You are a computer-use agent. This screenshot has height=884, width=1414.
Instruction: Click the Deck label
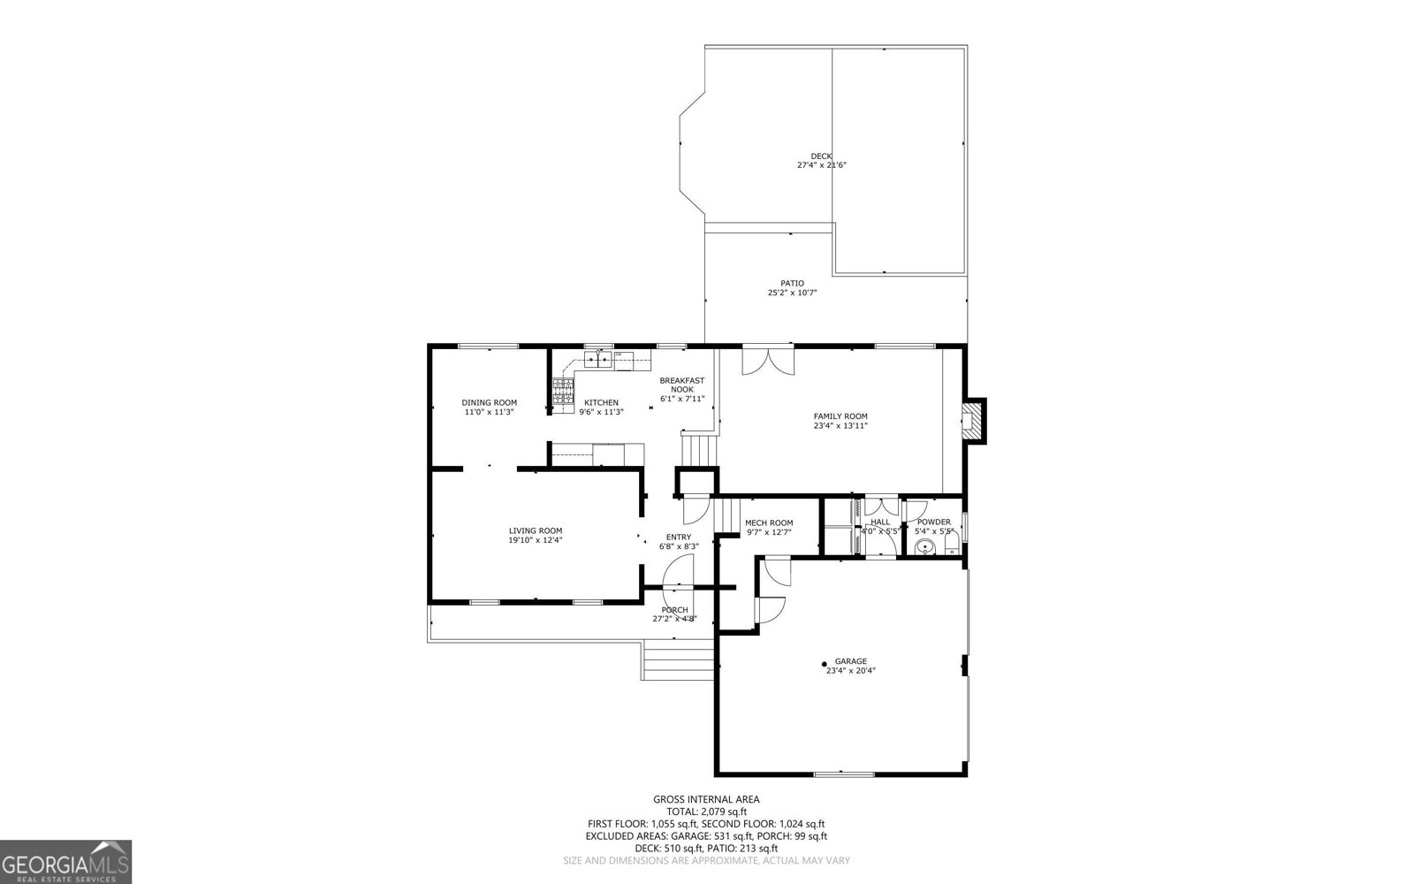tap(821, 156)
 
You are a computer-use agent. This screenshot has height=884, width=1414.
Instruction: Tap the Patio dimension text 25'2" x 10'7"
tap(792, 293)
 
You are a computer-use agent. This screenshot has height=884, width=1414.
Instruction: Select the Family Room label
tap(840, 416)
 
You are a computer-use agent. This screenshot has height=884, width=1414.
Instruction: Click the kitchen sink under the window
tap(598, 359)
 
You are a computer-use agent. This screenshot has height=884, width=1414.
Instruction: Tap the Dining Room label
tap(489, 402)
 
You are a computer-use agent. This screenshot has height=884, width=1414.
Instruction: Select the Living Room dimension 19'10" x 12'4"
tap(535, 540)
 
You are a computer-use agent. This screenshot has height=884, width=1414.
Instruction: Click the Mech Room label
tap(769, 522)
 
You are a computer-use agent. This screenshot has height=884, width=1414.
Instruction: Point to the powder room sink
tap(924, 548)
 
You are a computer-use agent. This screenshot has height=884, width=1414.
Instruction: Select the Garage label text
tap(850, 660)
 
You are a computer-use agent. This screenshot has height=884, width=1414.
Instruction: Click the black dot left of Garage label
tap(825, 664)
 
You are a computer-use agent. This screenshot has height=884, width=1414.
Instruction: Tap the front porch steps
tap(677, 663)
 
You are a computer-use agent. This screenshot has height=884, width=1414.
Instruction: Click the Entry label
tap(678, 537)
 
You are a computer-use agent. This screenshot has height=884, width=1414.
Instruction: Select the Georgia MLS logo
tap(65, 862)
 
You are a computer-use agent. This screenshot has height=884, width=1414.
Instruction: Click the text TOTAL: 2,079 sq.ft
tap(706, 811)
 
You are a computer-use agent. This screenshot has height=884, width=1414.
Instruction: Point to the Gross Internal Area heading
tap(706, 799)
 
